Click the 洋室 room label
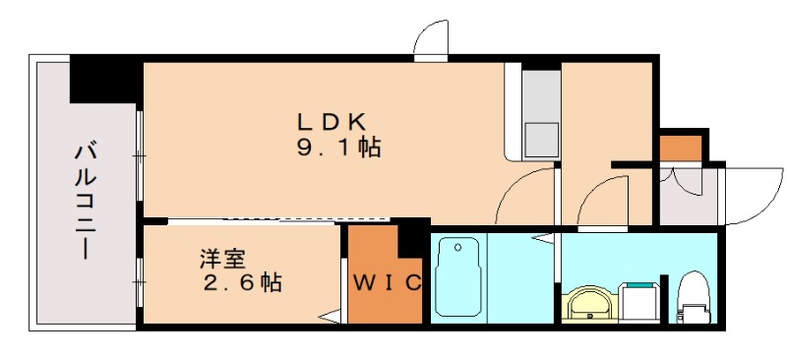(x=222, y=260)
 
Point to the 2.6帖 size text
(x=242, y=284)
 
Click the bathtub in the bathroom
(x=456, y=276)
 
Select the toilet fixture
(x=694, y=295)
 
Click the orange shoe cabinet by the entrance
(x=680, y=148)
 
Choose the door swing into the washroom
(x=601, y=201)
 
